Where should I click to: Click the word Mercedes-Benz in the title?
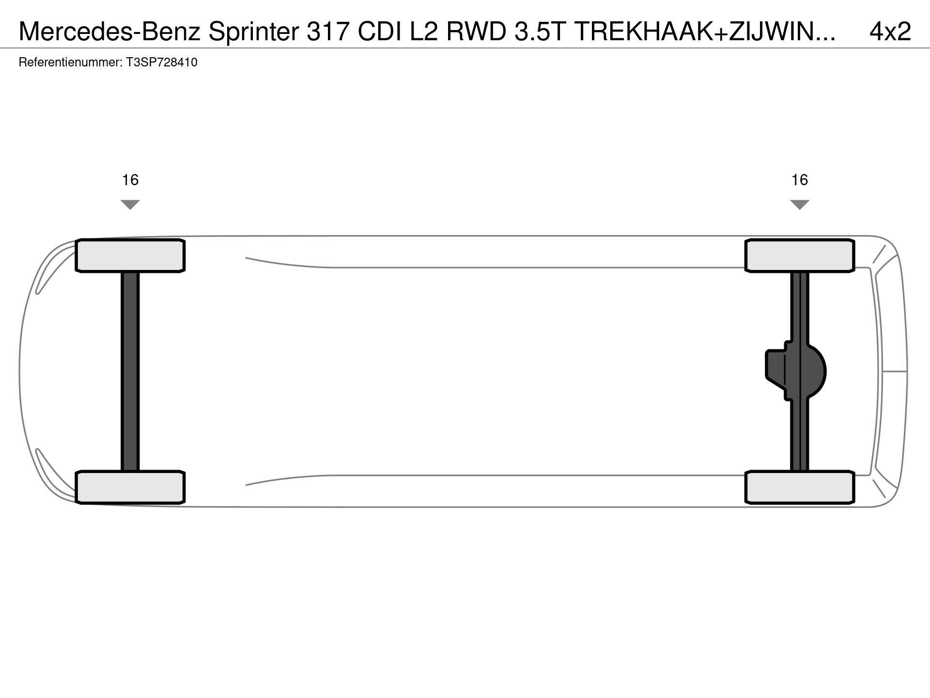[x=109, y=32]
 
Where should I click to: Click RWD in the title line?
[x=477, y=32]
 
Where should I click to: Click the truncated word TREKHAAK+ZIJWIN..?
[x=705, y=32]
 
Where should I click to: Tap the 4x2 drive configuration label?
[x=890, y=32]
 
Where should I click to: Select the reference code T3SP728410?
[x=162, y=63]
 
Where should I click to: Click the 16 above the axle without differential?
[x=130, y=180]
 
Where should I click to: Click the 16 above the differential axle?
[x=800, y=180]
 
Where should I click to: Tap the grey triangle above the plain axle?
[x=130, y=205]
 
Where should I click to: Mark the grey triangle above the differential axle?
[x=800, y=205]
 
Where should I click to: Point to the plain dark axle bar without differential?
[x=130, y=371]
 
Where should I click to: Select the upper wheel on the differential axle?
[x=799, y=255]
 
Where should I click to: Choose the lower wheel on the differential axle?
[x=799, y=487]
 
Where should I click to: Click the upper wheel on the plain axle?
[x=130, y=255]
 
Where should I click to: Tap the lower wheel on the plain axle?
[x=130, y=487]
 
